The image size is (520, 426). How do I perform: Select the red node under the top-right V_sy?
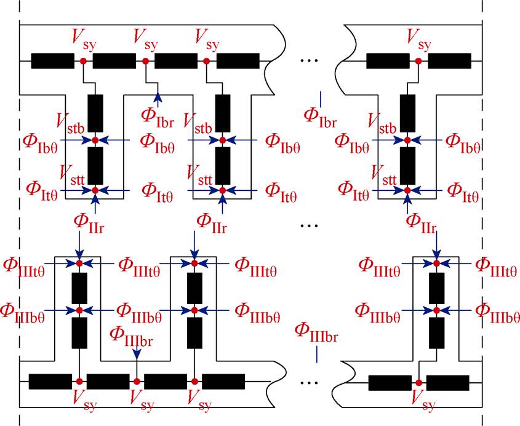418,61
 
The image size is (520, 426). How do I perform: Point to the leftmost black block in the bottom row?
50,382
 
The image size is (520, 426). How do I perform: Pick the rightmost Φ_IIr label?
422,223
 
